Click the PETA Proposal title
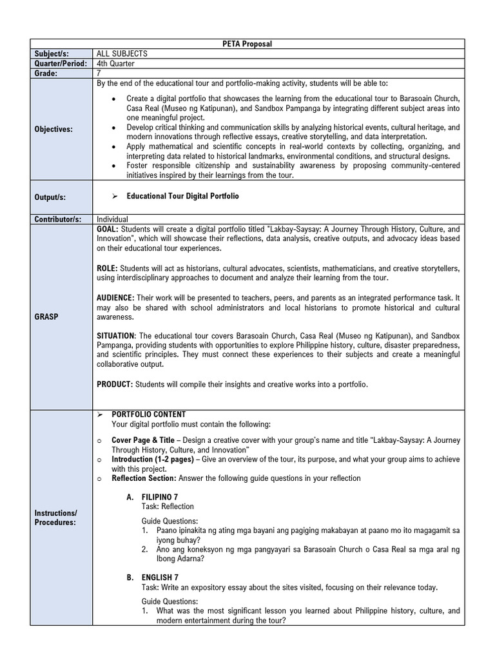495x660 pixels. coord(247,43)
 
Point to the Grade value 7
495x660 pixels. coord(99,73)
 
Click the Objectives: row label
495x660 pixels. coord(55,129)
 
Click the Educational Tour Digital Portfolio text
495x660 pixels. coord(182,196)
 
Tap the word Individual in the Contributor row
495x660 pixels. coord(112,219)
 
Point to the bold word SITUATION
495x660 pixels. coord(115,336)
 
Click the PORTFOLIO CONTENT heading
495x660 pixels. coord(148,414)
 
